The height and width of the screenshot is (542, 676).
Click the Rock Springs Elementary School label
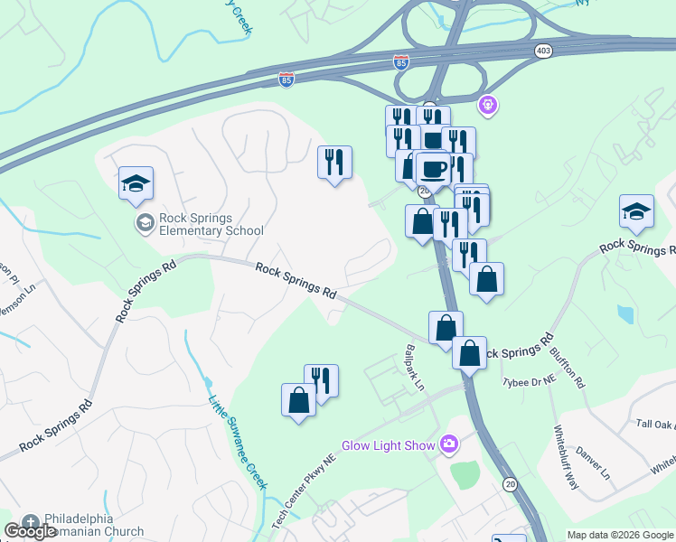[x=211, y=224]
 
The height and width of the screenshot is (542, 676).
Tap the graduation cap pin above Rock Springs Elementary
[x=136, y=184]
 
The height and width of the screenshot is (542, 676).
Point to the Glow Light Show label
[x=388, y=445]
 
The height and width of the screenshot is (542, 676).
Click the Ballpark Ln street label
[x=415, y=366]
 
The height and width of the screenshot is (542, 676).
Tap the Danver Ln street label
[x=594, y=462]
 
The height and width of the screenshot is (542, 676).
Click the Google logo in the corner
[x=31, y=531]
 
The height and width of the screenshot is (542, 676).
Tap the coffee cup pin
[x=434, y=168]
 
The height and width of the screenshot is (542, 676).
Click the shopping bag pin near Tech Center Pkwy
[x=299, y=399]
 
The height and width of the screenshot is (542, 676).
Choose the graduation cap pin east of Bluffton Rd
[x=636, y=212]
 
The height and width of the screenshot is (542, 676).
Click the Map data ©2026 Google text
[x=620, y=535]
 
